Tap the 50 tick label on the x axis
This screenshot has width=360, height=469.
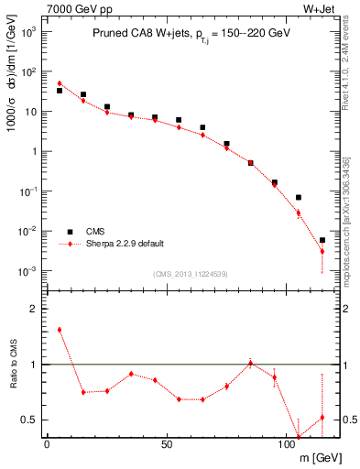coord(166,444)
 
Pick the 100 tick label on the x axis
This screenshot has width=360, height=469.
coord(287,444)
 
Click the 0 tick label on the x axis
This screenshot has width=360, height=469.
coord(46,444)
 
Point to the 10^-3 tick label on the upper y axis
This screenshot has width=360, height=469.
coord(27,272)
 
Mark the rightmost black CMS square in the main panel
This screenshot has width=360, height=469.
coord(322,240)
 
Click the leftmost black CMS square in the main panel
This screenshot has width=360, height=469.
coord(60,91)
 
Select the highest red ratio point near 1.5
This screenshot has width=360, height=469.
coord(60,330)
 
